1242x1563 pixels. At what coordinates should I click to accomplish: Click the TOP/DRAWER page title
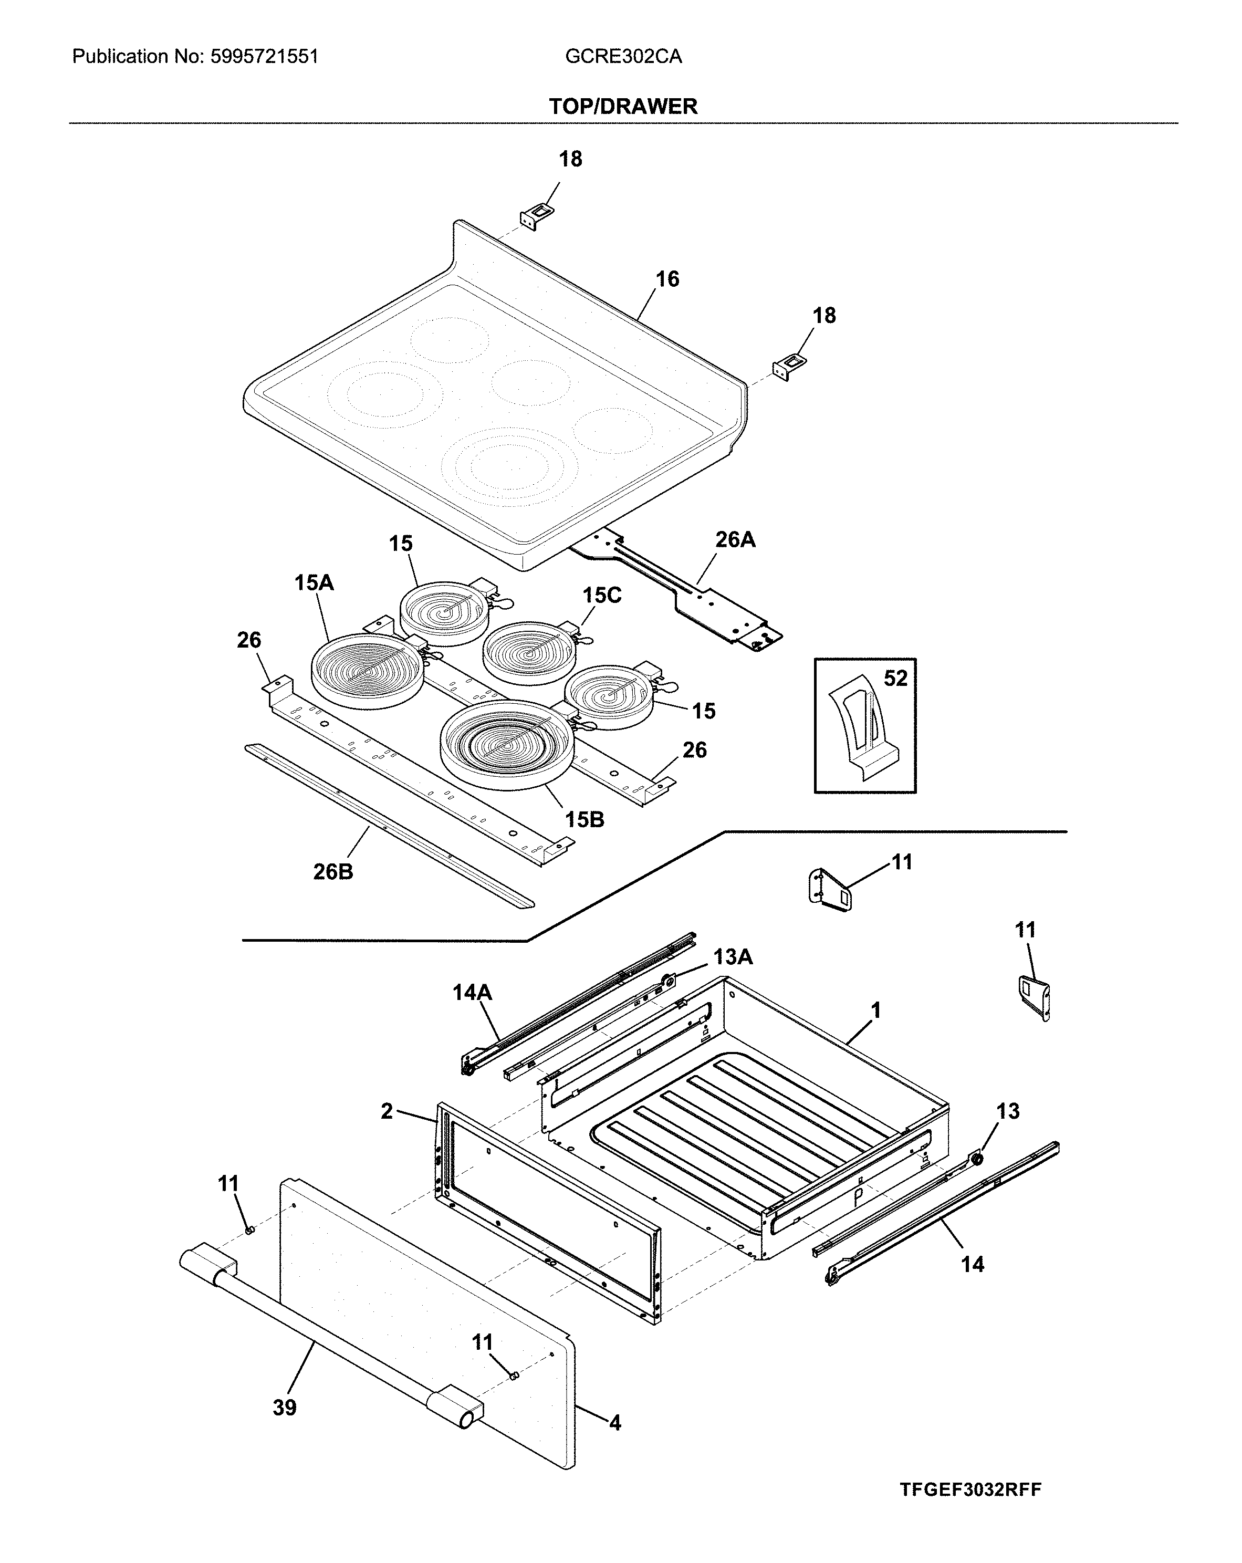click(622, 107)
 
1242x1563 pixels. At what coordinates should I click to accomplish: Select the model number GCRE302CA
click(623, 57)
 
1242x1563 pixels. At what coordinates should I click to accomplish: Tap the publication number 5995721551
click(264, 57)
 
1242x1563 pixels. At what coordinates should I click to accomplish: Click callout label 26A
click(735, 539)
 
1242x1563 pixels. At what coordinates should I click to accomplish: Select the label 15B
click(585, 820)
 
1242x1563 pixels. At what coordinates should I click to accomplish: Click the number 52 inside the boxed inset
click(895, 679)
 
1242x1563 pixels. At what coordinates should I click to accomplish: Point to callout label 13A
click(732, 957)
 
